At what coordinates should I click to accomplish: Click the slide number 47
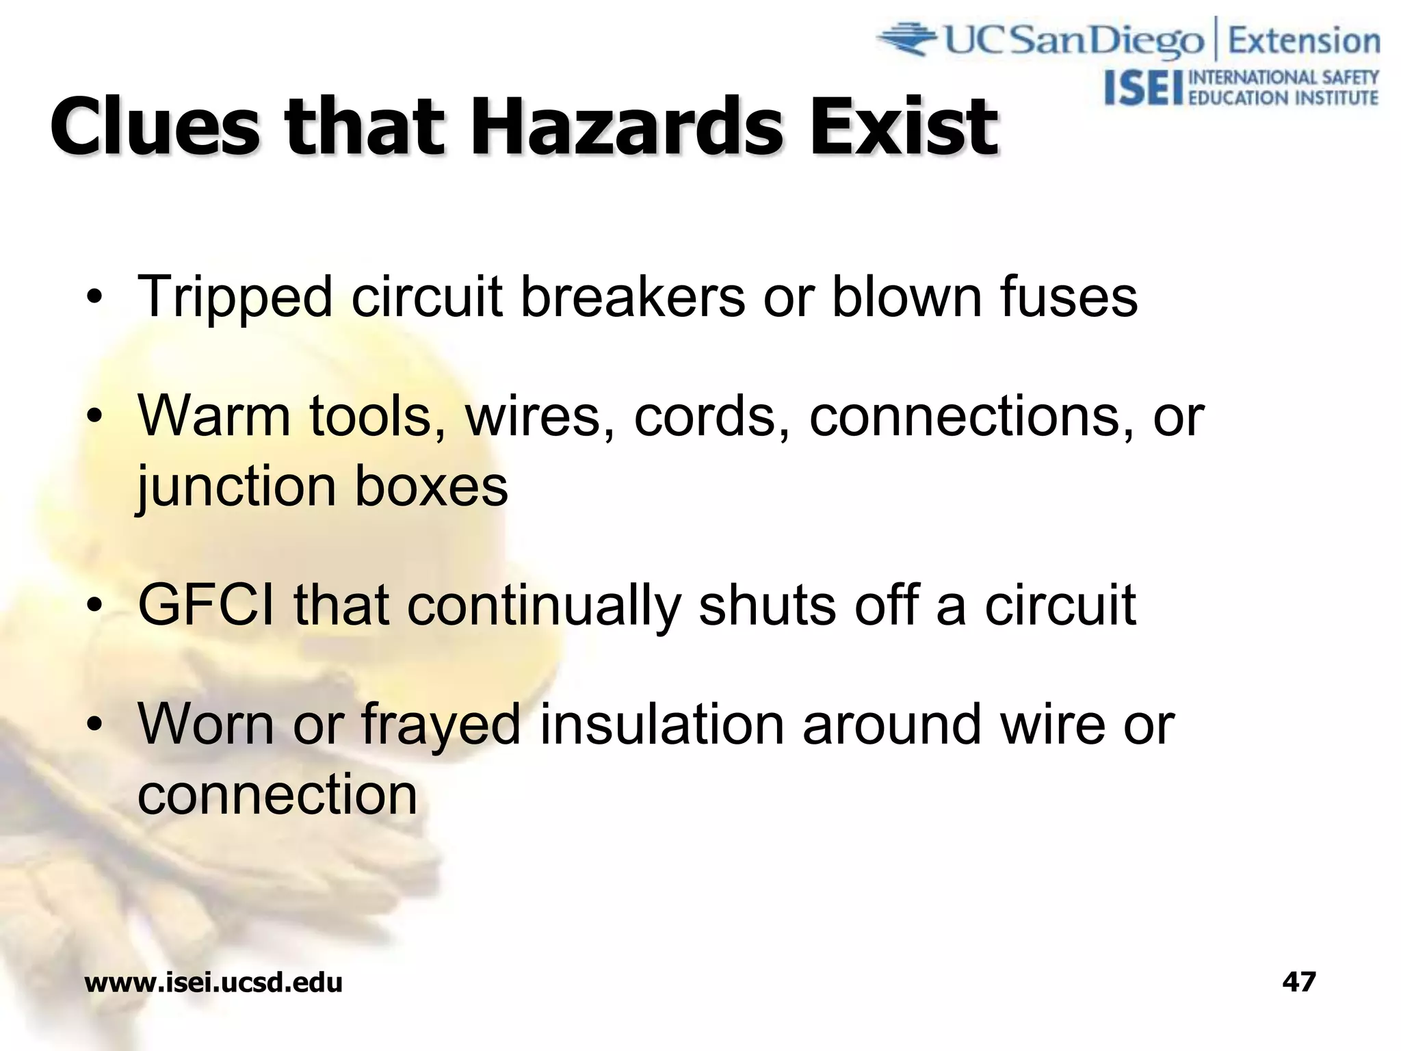point(1298,982)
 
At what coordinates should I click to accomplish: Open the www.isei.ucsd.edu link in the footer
point(213,983)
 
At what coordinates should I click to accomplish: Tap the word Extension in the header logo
point(1304,41)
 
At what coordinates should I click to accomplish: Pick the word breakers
point(633,296)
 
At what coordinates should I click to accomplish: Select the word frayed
point(441,725)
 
